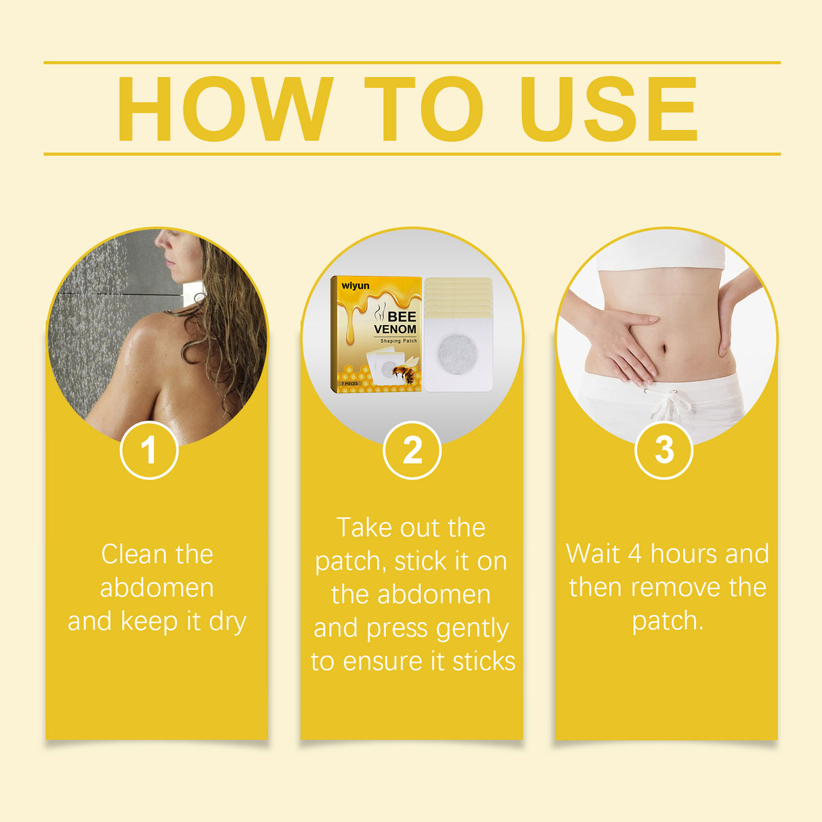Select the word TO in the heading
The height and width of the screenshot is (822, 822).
[424, 109]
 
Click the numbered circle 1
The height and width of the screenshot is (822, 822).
[149, 450]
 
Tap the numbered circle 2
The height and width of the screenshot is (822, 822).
[412, 450]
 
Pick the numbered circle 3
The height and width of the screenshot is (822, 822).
[664, 450]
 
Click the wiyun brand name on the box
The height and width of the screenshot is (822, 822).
[355, 286]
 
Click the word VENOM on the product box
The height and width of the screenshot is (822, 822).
[395, 329]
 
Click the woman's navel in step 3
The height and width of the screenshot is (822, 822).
[663, 349]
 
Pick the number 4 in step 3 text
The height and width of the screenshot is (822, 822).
[634, 554]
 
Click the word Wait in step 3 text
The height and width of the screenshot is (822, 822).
[592, 554]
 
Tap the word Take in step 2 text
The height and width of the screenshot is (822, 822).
[364, 527]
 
